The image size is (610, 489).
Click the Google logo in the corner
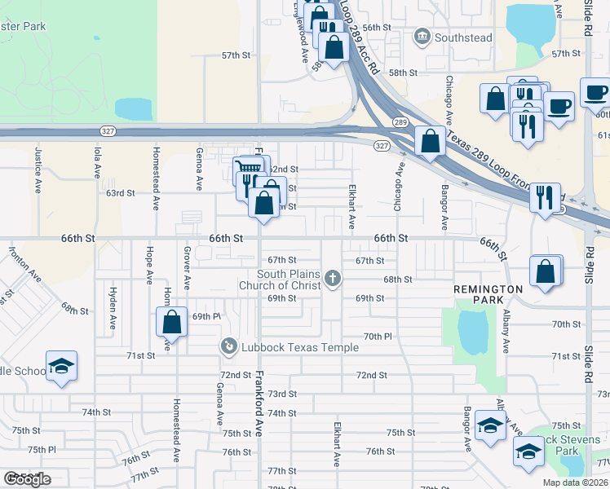pos(27,479)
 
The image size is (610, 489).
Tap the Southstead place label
pos(463,37)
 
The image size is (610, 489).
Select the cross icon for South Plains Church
pos(332,280)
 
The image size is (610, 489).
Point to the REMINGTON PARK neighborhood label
pos(488,289)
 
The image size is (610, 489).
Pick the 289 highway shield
pos(399,121)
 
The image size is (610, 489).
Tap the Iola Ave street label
pos(97,164)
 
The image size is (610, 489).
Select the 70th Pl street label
pos(378,336)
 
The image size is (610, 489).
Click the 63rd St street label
pos(120,193)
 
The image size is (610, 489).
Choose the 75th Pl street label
pos(41,449)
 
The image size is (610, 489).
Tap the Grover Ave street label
pos(187,269)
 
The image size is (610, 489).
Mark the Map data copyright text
pos(575,482)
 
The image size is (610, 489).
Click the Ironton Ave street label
pos(24,265)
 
